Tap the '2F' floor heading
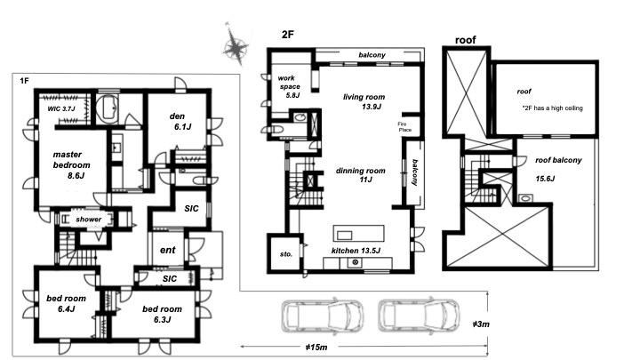click(x=288, y=35)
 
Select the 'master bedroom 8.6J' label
click(x=71, y=165)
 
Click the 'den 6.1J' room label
click(x=180, y=122)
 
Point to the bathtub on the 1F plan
click(x=108, y=108)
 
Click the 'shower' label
click(x=89, y=220)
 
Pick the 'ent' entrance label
click(x=167, y=250)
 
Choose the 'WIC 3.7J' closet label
click(x=61, y=108)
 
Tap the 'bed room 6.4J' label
click(x=66, y=303)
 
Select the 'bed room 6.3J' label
click(x=162, y=314)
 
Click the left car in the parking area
click(x=323, y=316)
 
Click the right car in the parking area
click(x=419, y=316)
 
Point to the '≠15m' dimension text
click(x=316, y=348)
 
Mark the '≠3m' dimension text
click(x=481, y=324)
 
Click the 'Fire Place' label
click(x=404, y=127)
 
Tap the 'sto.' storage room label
click(x=286, y=254)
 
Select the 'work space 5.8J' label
click(x=289, y=86)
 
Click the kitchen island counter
click(x=359, y=234)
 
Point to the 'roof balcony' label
click(x=558, y=160)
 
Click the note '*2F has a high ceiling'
click(x=552, y=108)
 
